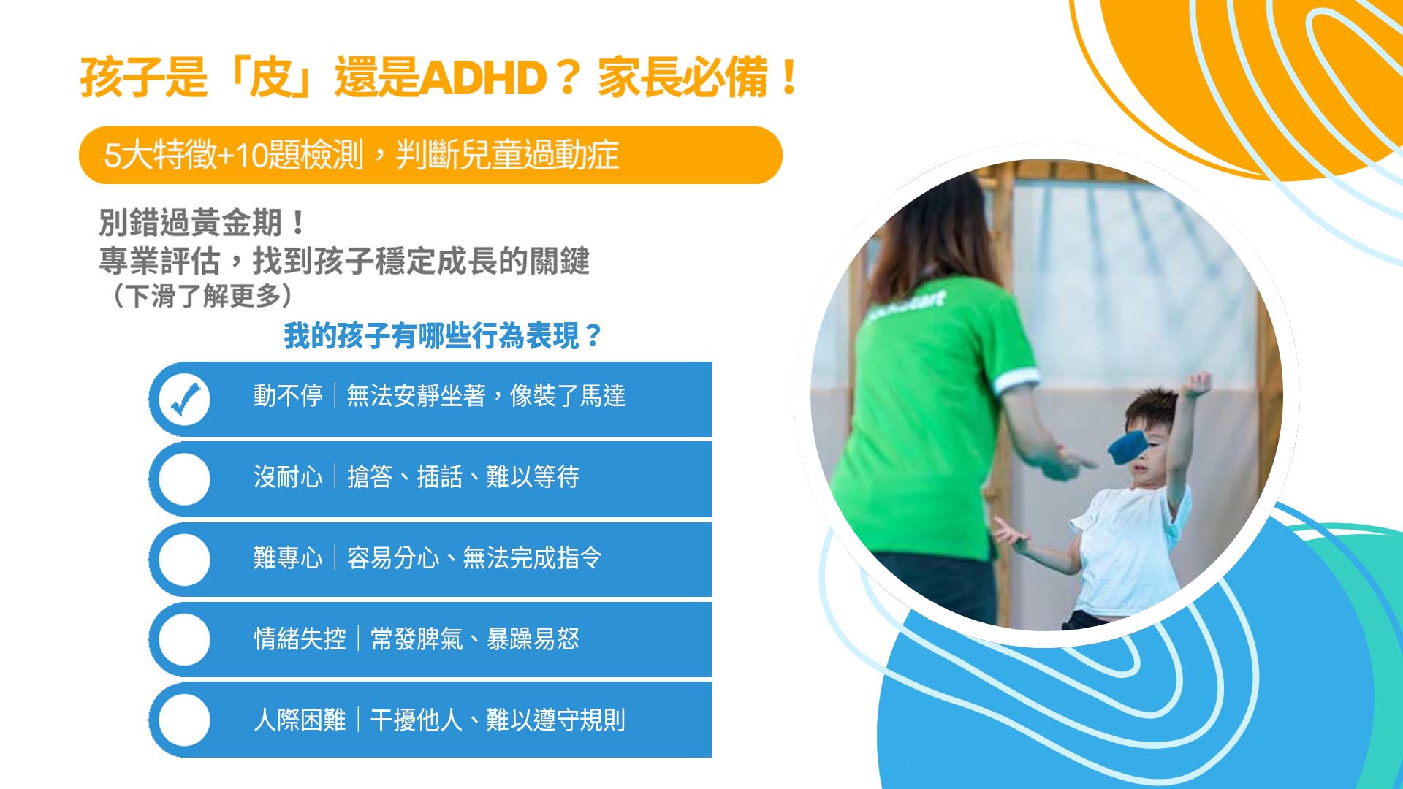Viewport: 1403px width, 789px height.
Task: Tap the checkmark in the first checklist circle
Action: [x=186, y=398]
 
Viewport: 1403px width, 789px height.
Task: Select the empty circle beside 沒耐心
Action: [x=184, y=479]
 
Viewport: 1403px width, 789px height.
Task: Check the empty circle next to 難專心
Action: [x=184, y=559]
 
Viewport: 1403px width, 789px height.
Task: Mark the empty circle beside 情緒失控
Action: [x=184, y=639]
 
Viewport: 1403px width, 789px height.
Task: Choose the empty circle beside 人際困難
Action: [x=184, y=720]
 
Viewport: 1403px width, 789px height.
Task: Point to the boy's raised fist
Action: [x=1198, y=383]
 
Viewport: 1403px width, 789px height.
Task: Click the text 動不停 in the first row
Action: [x=288, y=396]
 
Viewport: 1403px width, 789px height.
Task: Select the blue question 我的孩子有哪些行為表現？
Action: [x=443, y=336]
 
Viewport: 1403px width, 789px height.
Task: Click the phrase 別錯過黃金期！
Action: [x=202, y=222]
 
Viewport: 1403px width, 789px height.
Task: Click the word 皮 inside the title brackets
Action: [x=270, y=77]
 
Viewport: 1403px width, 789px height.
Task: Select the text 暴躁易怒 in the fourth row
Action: [x=533, y=639]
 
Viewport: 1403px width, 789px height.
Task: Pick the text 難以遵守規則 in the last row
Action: [x=556, y=720]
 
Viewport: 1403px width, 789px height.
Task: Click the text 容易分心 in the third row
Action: [x=393, y=558]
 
